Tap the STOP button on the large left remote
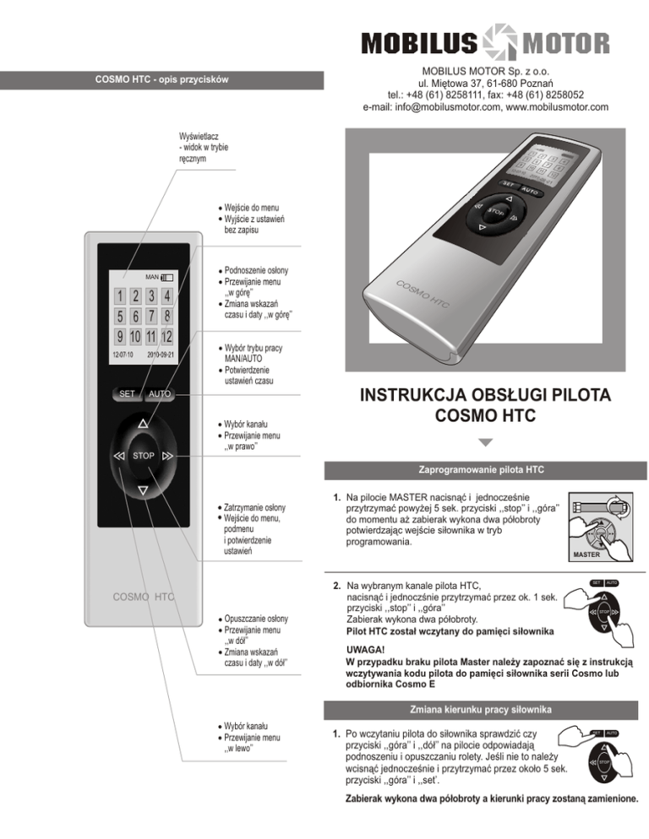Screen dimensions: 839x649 click(143, 456)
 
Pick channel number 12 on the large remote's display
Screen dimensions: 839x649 click(166, 337)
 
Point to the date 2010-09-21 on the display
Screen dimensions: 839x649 click(160, 355)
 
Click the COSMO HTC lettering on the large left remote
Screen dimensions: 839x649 click(144, 598)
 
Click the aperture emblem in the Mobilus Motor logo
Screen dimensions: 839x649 click(483, 42)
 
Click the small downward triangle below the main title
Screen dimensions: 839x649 click(485, 442)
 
